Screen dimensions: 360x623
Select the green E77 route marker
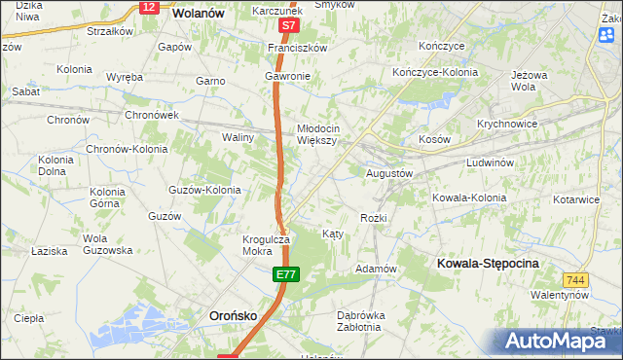284,276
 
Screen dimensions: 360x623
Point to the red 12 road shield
147,7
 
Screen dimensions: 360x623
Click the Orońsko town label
236,315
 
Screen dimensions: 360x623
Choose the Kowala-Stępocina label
488,264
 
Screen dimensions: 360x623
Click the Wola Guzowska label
107,244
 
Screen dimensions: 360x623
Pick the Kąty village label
332,234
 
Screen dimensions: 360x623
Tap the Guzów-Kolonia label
204,190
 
